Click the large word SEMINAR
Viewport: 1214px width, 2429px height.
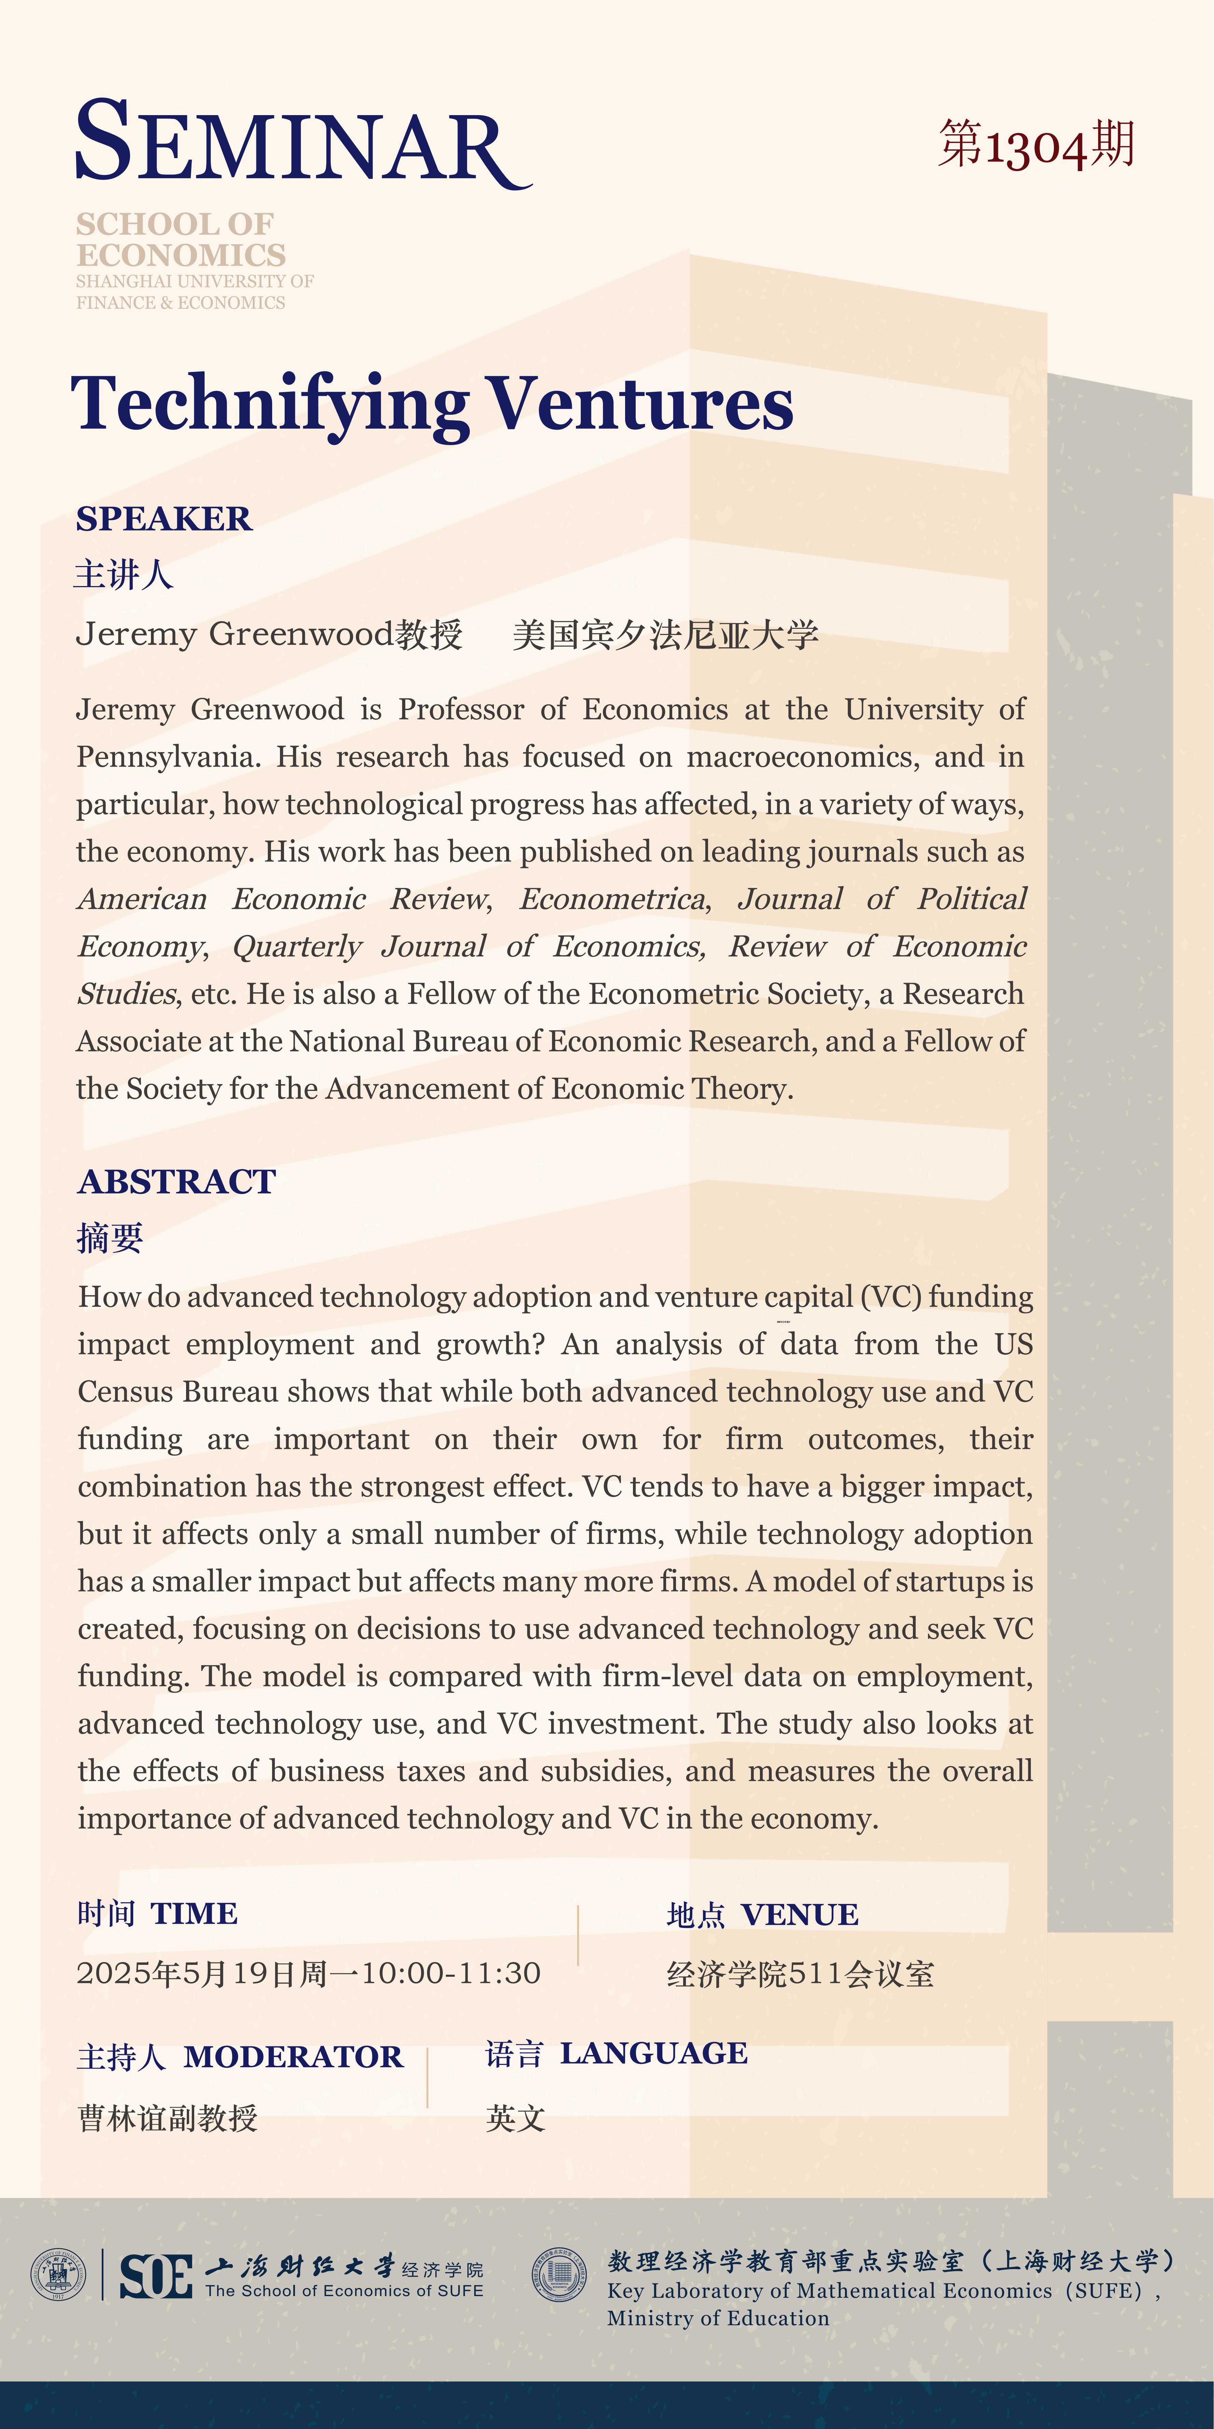pyautogui.click(x=301, y=143)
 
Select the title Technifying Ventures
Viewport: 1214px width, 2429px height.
pyautogui.click(x=432, y=403)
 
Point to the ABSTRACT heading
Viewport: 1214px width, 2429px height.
pyautogui.click(x=176, y=1182)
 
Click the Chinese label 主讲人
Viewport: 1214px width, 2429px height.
pyautogui.click(x=124, y=574)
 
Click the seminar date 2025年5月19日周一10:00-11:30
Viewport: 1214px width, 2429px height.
pyautogui.click(x=308, y=1973)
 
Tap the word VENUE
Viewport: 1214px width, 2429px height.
pyautogui.click(x=799, y=1915)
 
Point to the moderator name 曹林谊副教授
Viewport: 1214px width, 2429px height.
pyautogui.click(x=168, y=2119)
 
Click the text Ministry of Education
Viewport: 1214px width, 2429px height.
pyautogui.click(x=718, y=2318)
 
